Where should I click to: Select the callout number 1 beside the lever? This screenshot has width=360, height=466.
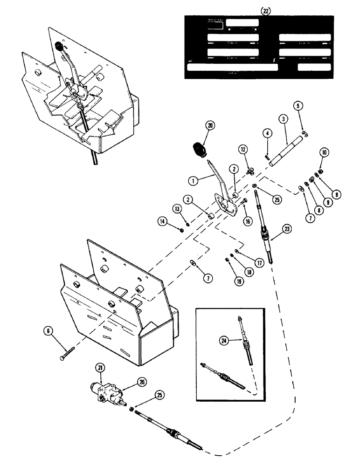(192, 178)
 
